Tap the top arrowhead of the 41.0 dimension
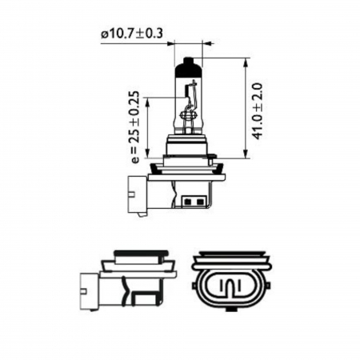[242, 60]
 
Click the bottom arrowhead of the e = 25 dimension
[148, 157]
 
